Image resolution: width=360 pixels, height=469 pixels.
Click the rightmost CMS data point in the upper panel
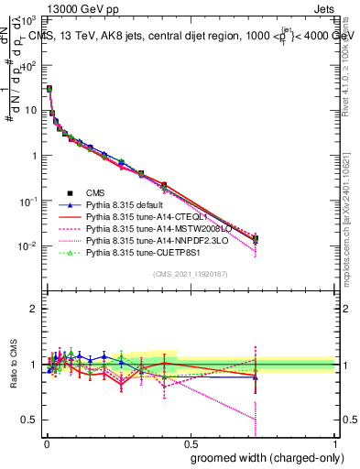pyautogui.click(x=255, y=239)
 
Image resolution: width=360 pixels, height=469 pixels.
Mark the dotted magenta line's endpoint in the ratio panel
pyautogui.click(x=255, y=420)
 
